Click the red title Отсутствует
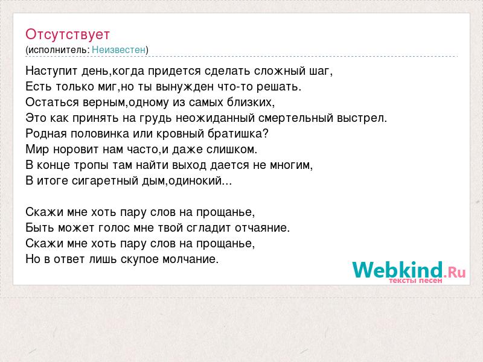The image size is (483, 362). click(x=68, y=34)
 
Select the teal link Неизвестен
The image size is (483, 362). click(x=118, y=49)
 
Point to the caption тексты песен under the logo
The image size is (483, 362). click(x=415, y=281)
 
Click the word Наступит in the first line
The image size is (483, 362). click(x=52, y=71)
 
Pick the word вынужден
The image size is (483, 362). click(x=185, y=87)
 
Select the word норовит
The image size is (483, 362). click(x=76, y=150)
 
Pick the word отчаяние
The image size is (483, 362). click(x=263, y=228)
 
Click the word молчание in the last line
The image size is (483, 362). click(x=190, y=259)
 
